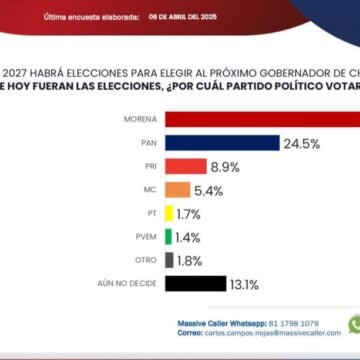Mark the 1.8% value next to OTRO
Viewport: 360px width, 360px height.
[x=193, y=260]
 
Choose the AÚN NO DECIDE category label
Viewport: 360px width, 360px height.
[x=136, y=283]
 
